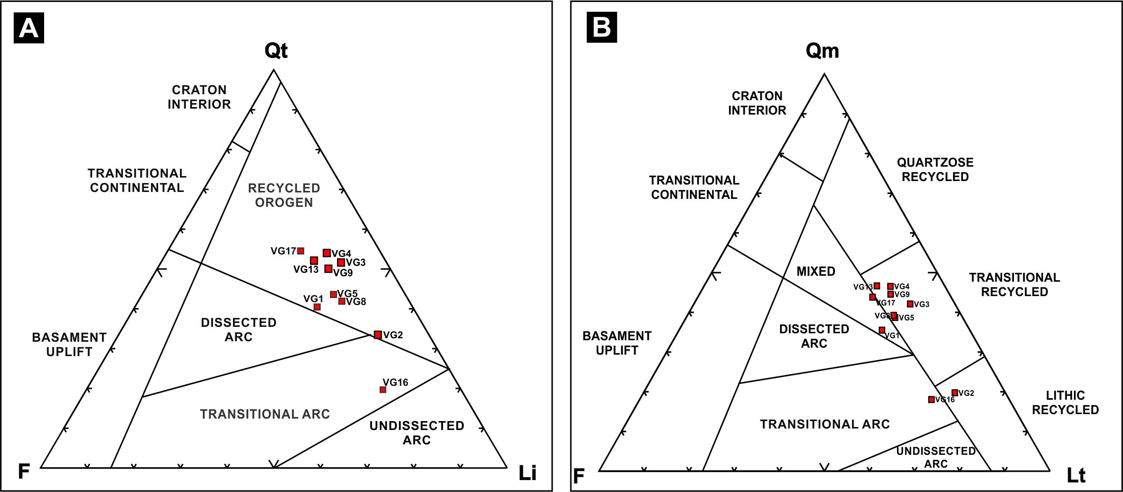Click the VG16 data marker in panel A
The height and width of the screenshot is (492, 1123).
(x=383, y=390)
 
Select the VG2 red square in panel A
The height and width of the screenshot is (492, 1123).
(x=378, y=335)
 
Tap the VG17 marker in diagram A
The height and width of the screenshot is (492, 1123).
(x=301, y=251)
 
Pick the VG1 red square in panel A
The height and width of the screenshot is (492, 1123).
(x=317, y=307)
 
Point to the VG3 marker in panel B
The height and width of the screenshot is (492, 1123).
(x=910, y=304)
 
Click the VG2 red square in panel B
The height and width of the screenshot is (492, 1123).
(x=955, y=393)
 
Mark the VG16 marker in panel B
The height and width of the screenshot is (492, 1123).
(x=931, y=400)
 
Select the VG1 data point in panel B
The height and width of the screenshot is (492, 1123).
(x=882, y=330)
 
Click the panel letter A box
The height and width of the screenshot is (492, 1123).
(x=29, y=28)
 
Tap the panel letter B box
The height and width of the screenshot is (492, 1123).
(x=602, y=27)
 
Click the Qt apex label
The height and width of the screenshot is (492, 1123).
(x=276, y=50)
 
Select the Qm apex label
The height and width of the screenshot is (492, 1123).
(x=822, y=51)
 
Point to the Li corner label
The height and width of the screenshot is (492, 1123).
(x=527, y=473)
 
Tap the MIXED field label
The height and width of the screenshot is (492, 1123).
(x=816, y=271)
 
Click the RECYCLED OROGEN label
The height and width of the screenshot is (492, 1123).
(x=284, y=195)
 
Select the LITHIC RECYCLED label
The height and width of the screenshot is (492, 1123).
(x=1065, y=403)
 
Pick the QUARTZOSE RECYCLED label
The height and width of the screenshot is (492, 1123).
(x=935, y=170)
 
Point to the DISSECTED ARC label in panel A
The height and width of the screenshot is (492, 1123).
(x=238, y=330)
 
